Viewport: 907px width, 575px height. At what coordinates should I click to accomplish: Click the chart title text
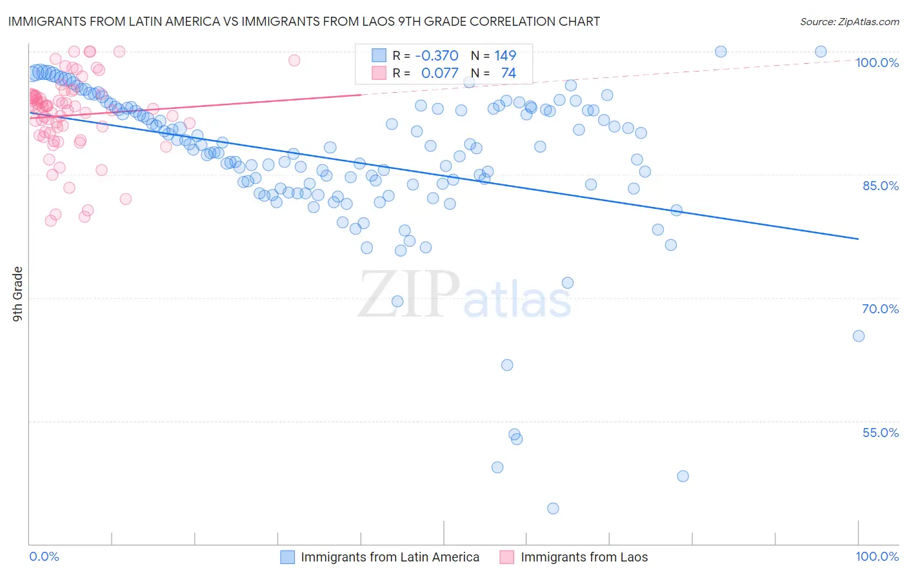(x=304, y=21)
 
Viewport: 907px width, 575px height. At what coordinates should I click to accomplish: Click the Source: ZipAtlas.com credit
(x=849, y=21)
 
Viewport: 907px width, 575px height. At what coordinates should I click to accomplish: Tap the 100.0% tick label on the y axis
(x=877, y=63)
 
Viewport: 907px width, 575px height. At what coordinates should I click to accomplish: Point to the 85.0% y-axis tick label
(x=880, y=186)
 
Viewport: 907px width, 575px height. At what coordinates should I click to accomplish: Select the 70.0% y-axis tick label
(x=880, y=309)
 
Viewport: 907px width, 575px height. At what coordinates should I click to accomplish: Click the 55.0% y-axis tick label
(x=880, y=433)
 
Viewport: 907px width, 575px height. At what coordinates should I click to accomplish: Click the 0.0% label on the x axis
(x=45, y=556)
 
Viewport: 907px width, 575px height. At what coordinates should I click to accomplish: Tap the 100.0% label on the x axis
(x=877, y=556)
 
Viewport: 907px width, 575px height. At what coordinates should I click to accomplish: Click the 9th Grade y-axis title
(x=18, y=293)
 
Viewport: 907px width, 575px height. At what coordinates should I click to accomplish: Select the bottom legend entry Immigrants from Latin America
(x=390, y=558)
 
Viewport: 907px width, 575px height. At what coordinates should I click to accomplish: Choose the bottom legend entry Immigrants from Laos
(x=584, y=558)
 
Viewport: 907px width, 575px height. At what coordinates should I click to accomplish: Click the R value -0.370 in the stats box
(x=437, y=56)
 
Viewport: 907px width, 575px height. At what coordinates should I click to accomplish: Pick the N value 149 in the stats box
(x=505, y=56)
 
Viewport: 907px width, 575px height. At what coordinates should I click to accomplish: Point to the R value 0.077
(x=439, y=73)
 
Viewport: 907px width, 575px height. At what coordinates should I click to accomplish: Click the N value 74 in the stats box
(x=508, y=73)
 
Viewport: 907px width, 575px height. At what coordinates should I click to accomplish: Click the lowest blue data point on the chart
(x=553, y=509)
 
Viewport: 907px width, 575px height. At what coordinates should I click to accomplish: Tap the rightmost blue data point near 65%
(x=859, y=336)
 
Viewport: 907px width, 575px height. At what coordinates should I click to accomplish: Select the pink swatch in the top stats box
(x=379, y=73)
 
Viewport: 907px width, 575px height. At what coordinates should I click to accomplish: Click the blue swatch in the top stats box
(x=379, y=56)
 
